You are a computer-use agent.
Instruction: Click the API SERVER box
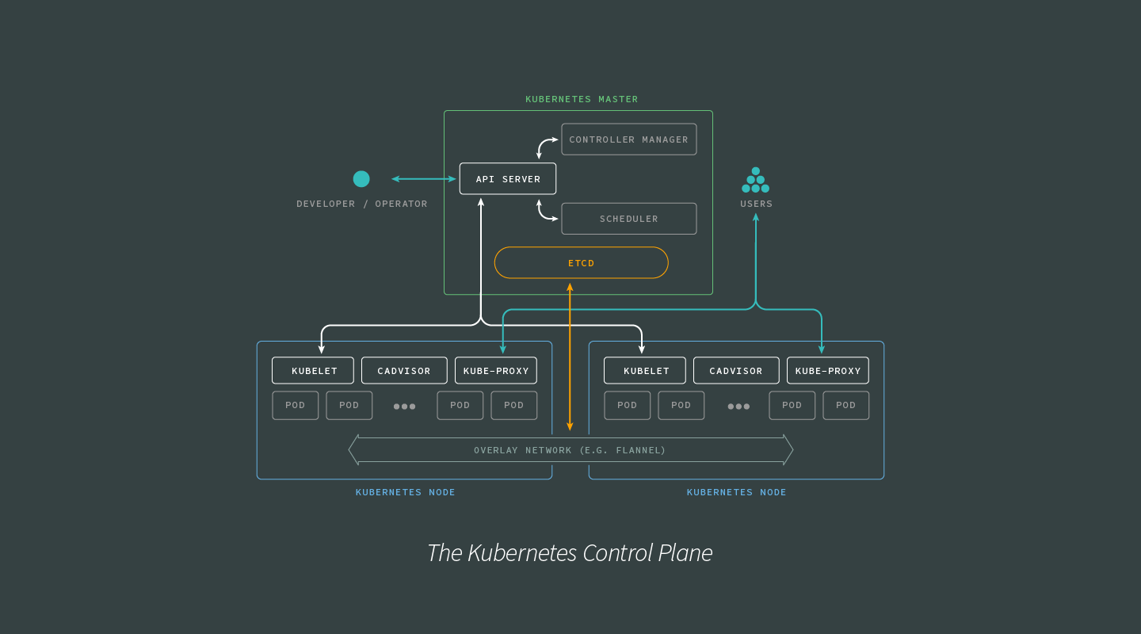pos(508,179)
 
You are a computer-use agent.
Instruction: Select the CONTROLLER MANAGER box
pos(628,139)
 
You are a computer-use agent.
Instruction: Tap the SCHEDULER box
pos(628,219)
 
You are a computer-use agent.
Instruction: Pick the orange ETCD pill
pos(581,263)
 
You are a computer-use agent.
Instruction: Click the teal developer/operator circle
pos(361,179)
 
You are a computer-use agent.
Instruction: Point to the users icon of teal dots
pos(755,180)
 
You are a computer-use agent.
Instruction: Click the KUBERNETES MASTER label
pos(582,99)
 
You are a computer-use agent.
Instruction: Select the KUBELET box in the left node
pos(313,371)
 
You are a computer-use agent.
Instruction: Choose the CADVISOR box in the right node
pos(736,371)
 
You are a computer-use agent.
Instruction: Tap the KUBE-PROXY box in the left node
pos(496,371)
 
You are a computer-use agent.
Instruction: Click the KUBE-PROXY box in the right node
pos(828,371)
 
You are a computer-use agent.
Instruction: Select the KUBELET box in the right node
pos(645,371)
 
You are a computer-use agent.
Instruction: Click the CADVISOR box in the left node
pos(404,371)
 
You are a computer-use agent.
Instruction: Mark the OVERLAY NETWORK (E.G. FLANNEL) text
pos(570,450)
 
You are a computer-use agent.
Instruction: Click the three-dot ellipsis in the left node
pos(404,407)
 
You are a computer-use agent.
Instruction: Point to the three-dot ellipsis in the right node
pos(738,407)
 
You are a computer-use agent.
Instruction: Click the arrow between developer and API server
pos(424,179)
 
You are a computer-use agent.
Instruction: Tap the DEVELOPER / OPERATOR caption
pos(361,204)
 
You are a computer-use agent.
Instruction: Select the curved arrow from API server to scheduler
pos(543,212)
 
